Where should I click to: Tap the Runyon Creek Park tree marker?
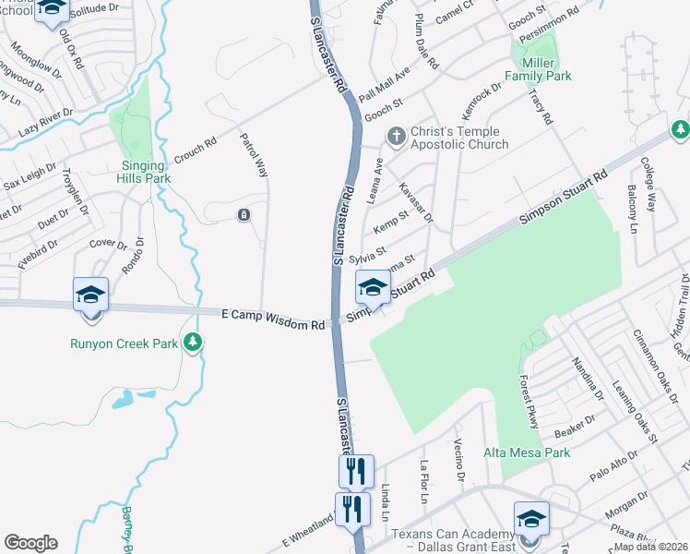pos(193,343)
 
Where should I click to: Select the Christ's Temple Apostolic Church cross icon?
pos(396,137)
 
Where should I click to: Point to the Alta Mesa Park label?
pos(527,452)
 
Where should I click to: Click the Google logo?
pos(30,543)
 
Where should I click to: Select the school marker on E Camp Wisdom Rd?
pos(91,295)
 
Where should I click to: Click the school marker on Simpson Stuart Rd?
pos(373,287)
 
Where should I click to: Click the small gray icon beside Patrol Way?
pos(243,215)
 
